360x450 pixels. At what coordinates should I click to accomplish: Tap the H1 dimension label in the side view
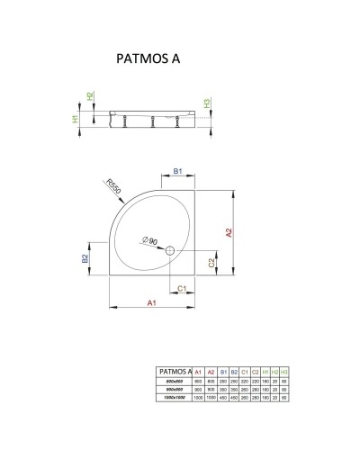pos(76,118)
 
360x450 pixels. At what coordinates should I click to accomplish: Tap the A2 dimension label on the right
pos(230,231)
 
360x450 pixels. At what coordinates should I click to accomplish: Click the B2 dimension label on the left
pos(85,258)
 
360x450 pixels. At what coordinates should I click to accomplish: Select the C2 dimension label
pos(211,262)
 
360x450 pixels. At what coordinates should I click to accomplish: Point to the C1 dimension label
pos(181,288)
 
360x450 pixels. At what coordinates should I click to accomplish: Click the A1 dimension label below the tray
pos(152,304)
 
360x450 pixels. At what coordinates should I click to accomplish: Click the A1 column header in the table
pos(198,370)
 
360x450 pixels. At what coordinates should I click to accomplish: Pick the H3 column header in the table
pos(285,370)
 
